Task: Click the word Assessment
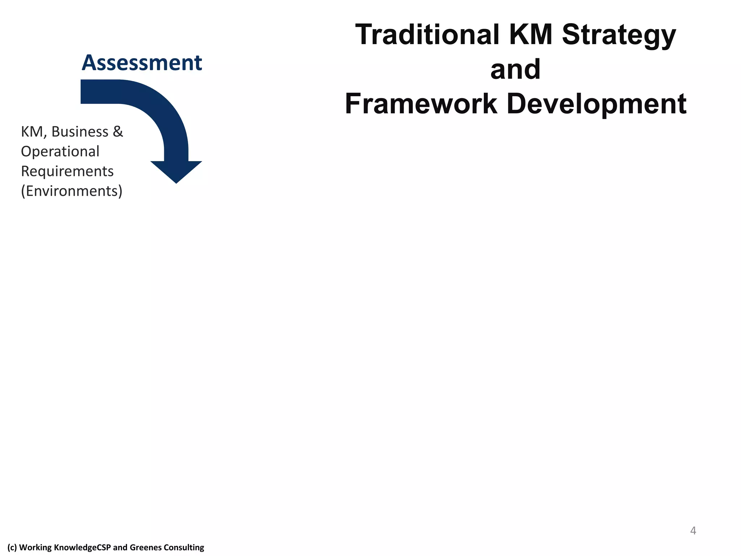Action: pyautogui.click(x=141, y=63)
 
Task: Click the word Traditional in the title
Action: pyautogui.click(x=427, y=35)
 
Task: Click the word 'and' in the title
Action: pyautogui.click(x=515, y=69)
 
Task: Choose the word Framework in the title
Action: pyautogui.click(x=421, y=104)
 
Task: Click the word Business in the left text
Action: pyautogui.click(x=80, y=132)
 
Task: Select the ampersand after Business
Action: pyautogui.click(x=118, y=132)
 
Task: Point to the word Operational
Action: pyautogui.click(x=60, y=152)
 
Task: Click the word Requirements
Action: pyautogui.click(x=67, y=172)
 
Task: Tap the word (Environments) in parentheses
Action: pyautogui.click(x=72, y=191)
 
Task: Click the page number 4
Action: pyautogui.click(x=693, y=531)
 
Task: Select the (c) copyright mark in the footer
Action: pyautogui.click(x=12, y=547)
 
